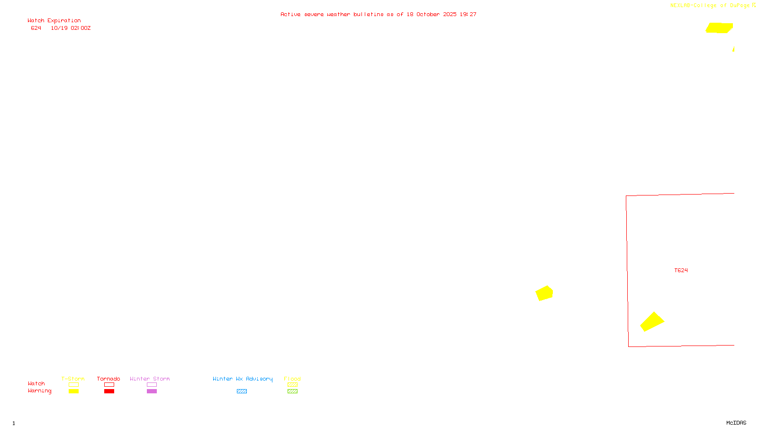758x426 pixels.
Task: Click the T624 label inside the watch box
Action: click(681, 270)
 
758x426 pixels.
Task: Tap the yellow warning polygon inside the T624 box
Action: click(652, 322)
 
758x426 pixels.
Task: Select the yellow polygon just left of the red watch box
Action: click(544, 293)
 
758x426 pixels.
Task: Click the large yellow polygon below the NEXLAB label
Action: click(719, 28)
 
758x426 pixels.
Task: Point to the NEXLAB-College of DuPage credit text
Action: click(710, 5)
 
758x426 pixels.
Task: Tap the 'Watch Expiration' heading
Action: click(54, 20)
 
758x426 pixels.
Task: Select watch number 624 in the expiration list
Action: click(36, 28)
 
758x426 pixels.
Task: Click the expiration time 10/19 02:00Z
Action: click(71, 28)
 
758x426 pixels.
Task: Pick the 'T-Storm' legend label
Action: click(73, 379)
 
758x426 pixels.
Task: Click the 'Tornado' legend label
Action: click(108, 379)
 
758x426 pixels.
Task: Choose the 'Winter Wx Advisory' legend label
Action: click(243, 379)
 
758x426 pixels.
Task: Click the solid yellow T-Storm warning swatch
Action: click(73, 391)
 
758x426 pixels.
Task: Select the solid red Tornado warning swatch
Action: click(109, 391)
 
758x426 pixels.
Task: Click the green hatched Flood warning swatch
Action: click(292, 391)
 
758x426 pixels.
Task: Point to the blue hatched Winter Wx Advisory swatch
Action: click(242, 391)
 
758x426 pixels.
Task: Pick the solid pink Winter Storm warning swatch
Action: click(152, 391)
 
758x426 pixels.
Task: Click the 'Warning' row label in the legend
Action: click(39, 391)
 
